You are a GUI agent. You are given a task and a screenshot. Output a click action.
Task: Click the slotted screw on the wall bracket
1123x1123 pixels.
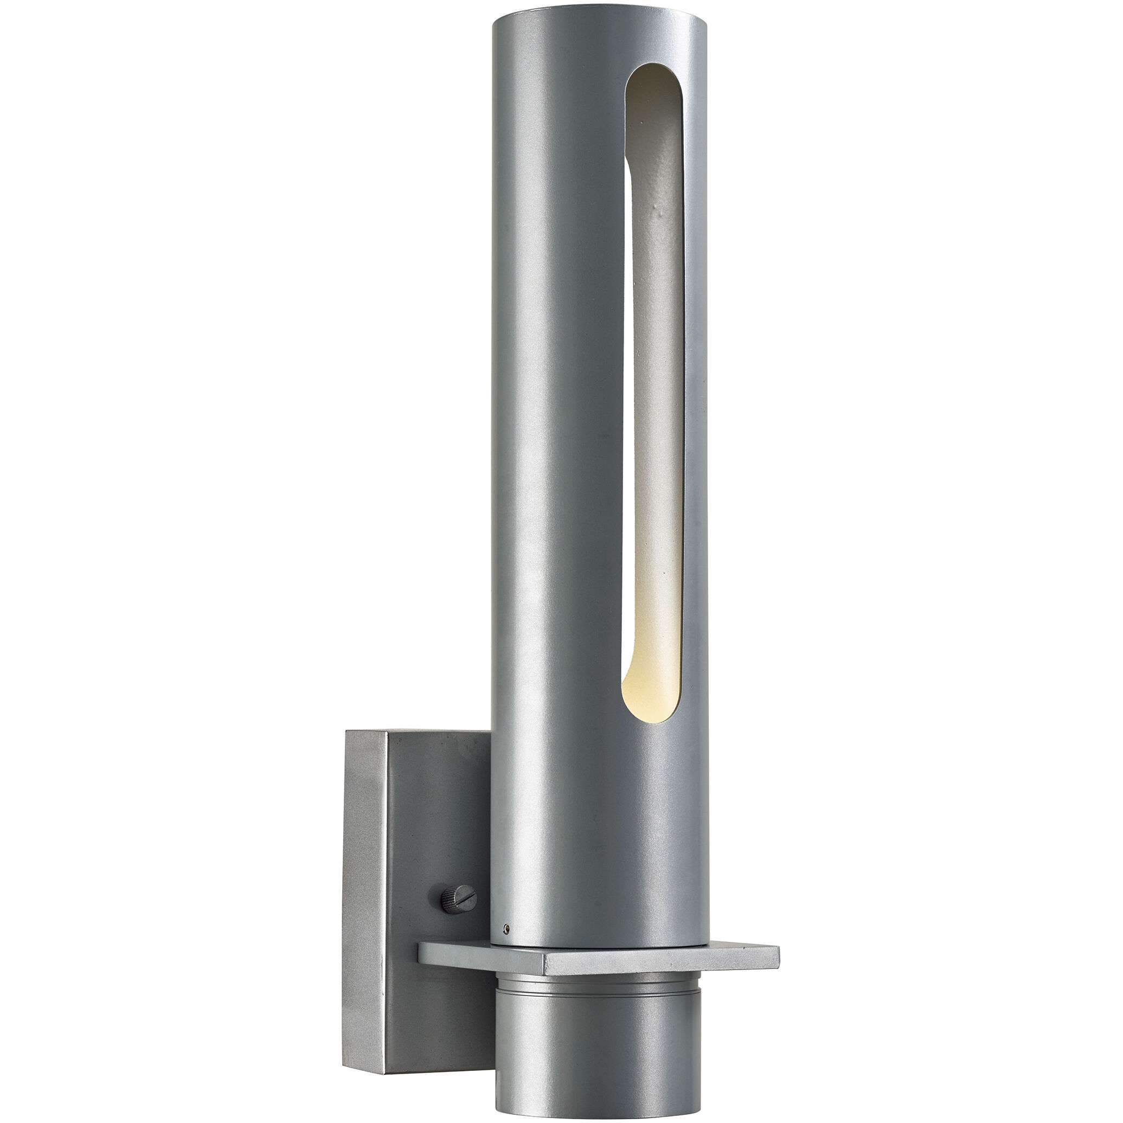pyautogui.click(x=460, y=899)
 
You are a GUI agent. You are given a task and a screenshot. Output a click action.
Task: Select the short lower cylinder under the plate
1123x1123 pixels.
pyautogui.click(x=599, y=1047)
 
